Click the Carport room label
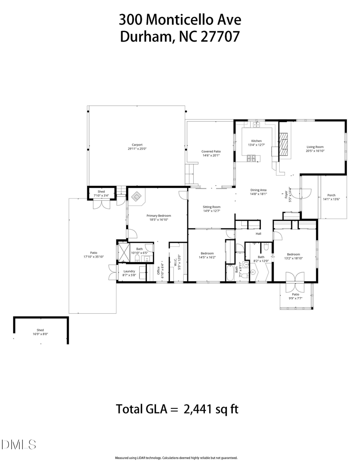pyautogui.click(x=137, y=147)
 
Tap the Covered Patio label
pyautogui.click(x=211, y=154)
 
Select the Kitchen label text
pyautogui.click(x=256, y=143)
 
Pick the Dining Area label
pyautogui.click(x=258, y=192)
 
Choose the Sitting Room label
pyautogui.click(x=211, y=209)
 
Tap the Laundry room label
pyautogui.click(x=129, y=273)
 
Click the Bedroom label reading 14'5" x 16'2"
pyautogui.click(x=207, y=255)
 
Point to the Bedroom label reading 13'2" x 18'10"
pyautogui.click(x=293, y=256)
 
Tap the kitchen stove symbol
pyautogui.click(x=252, y=159)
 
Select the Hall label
pyautogui.click(x=258, y=234)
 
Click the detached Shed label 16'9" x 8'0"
pyautogui.click(x=40, y=332)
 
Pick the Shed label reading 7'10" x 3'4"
pyautogui.click(x=102, y=194)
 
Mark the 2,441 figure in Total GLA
pyautogui.click(x=199, y=409)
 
